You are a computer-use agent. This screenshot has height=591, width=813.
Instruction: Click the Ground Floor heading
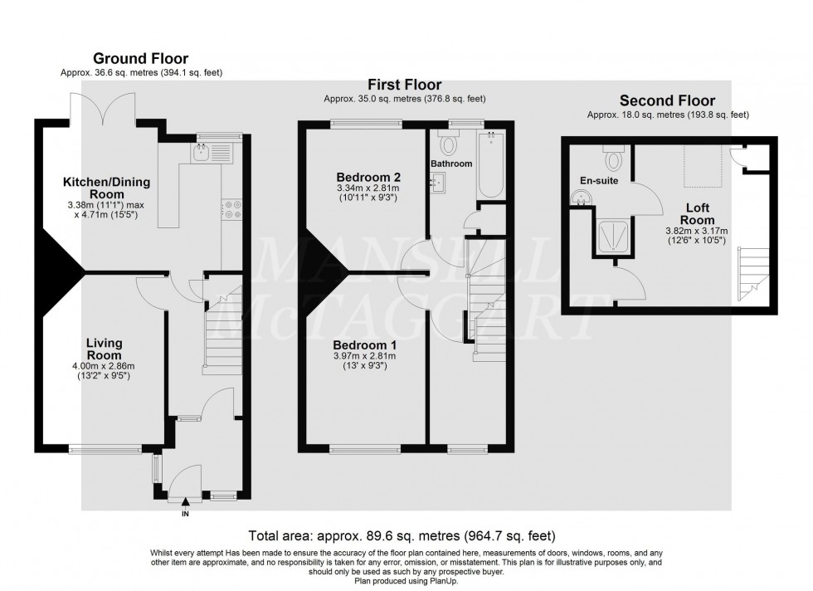tap(140, 58)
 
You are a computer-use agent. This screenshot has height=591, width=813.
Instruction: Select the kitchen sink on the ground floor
tap(201, 151)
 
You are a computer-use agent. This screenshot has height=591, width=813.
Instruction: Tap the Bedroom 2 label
tap(368, 177)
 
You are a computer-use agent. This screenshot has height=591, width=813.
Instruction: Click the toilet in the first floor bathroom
tap(448, 146)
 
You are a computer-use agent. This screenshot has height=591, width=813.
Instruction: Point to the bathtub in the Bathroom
tap(490, 164)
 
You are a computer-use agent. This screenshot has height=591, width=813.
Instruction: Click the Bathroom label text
tap(451, 164)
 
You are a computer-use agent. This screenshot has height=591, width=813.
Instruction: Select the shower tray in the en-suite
tap(616, 235)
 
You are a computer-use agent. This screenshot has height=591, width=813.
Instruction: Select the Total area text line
tap(402, 536)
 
